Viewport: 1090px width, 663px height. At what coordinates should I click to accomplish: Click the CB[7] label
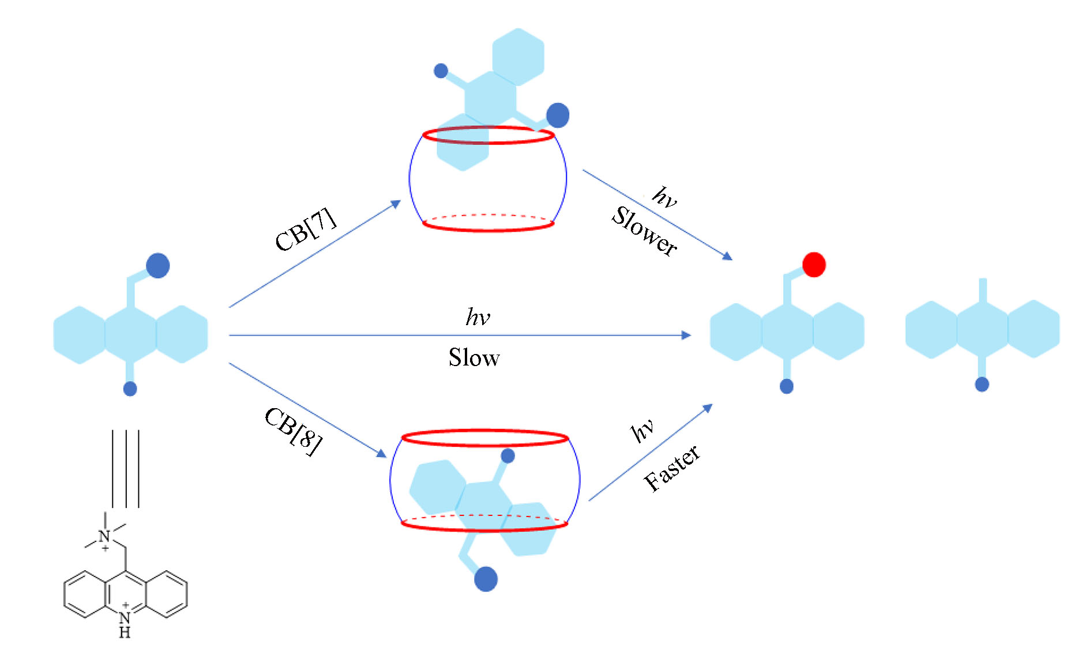[x=305, y=229]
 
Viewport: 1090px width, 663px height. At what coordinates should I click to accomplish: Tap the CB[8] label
[x=293, y=432]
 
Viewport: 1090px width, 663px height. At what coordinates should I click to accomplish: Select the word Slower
[x=644, y=231]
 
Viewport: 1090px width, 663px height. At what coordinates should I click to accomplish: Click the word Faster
[x=672, y=468]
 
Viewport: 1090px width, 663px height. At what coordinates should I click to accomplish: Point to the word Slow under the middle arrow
[x=473, y=358]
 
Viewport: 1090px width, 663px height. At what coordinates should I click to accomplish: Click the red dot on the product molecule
[x=814, y=265]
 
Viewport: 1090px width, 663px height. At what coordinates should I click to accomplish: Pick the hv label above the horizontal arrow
[x=478, y=317]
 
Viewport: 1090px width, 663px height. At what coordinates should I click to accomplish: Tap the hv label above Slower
[x=664, y=198]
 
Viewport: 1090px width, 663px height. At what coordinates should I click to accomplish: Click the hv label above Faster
[x=642, y=430]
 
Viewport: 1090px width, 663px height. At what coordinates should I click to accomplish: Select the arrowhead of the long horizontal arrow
[x=686, y=335]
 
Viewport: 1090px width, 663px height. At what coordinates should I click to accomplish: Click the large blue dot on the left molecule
[x=157, y=266]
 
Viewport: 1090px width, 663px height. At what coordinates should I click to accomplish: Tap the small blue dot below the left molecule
[x=130, y=389]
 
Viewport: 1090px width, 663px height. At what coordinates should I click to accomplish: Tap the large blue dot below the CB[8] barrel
[x=486, y=579]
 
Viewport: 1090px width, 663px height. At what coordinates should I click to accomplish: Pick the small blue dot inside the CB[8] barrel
[x=508, y=456]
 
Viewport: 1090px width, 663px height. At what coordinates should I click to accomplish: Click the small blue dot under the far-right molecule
[x=982, y=384]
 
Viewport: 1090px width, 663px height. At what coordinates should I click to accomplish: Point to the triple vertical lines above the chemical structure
[x=126, y=468]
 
